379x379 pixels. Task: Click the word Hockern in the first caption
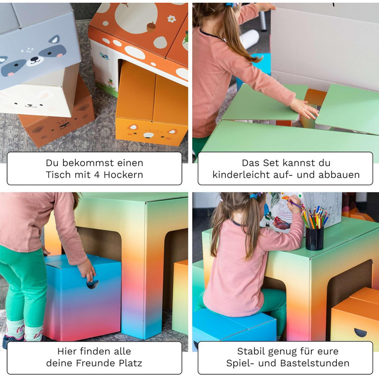(x=123, y=174)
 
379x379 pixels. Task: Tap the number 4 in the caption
(x=97, y=175)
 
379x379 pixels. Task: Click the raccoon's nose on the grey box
(x=35, y=58)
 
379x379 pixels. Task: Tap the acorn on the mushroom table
(x=151, y=27)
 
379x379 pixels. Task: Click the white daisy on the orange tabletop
(x=172, y=19)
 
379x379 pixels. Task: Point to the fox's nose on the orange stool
(x=149, y=135)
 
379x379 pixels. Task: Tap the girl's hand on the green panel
(x=304, y=108)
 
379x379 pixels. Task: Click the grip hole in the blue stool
(x=93, y=285)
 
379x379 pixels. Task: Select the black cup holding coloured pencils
(x=315, y=238)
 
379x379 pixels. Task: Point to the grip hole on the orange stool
(x=361, y=332)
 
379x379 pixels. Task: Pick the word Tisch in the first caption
(x=58, y=174)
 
